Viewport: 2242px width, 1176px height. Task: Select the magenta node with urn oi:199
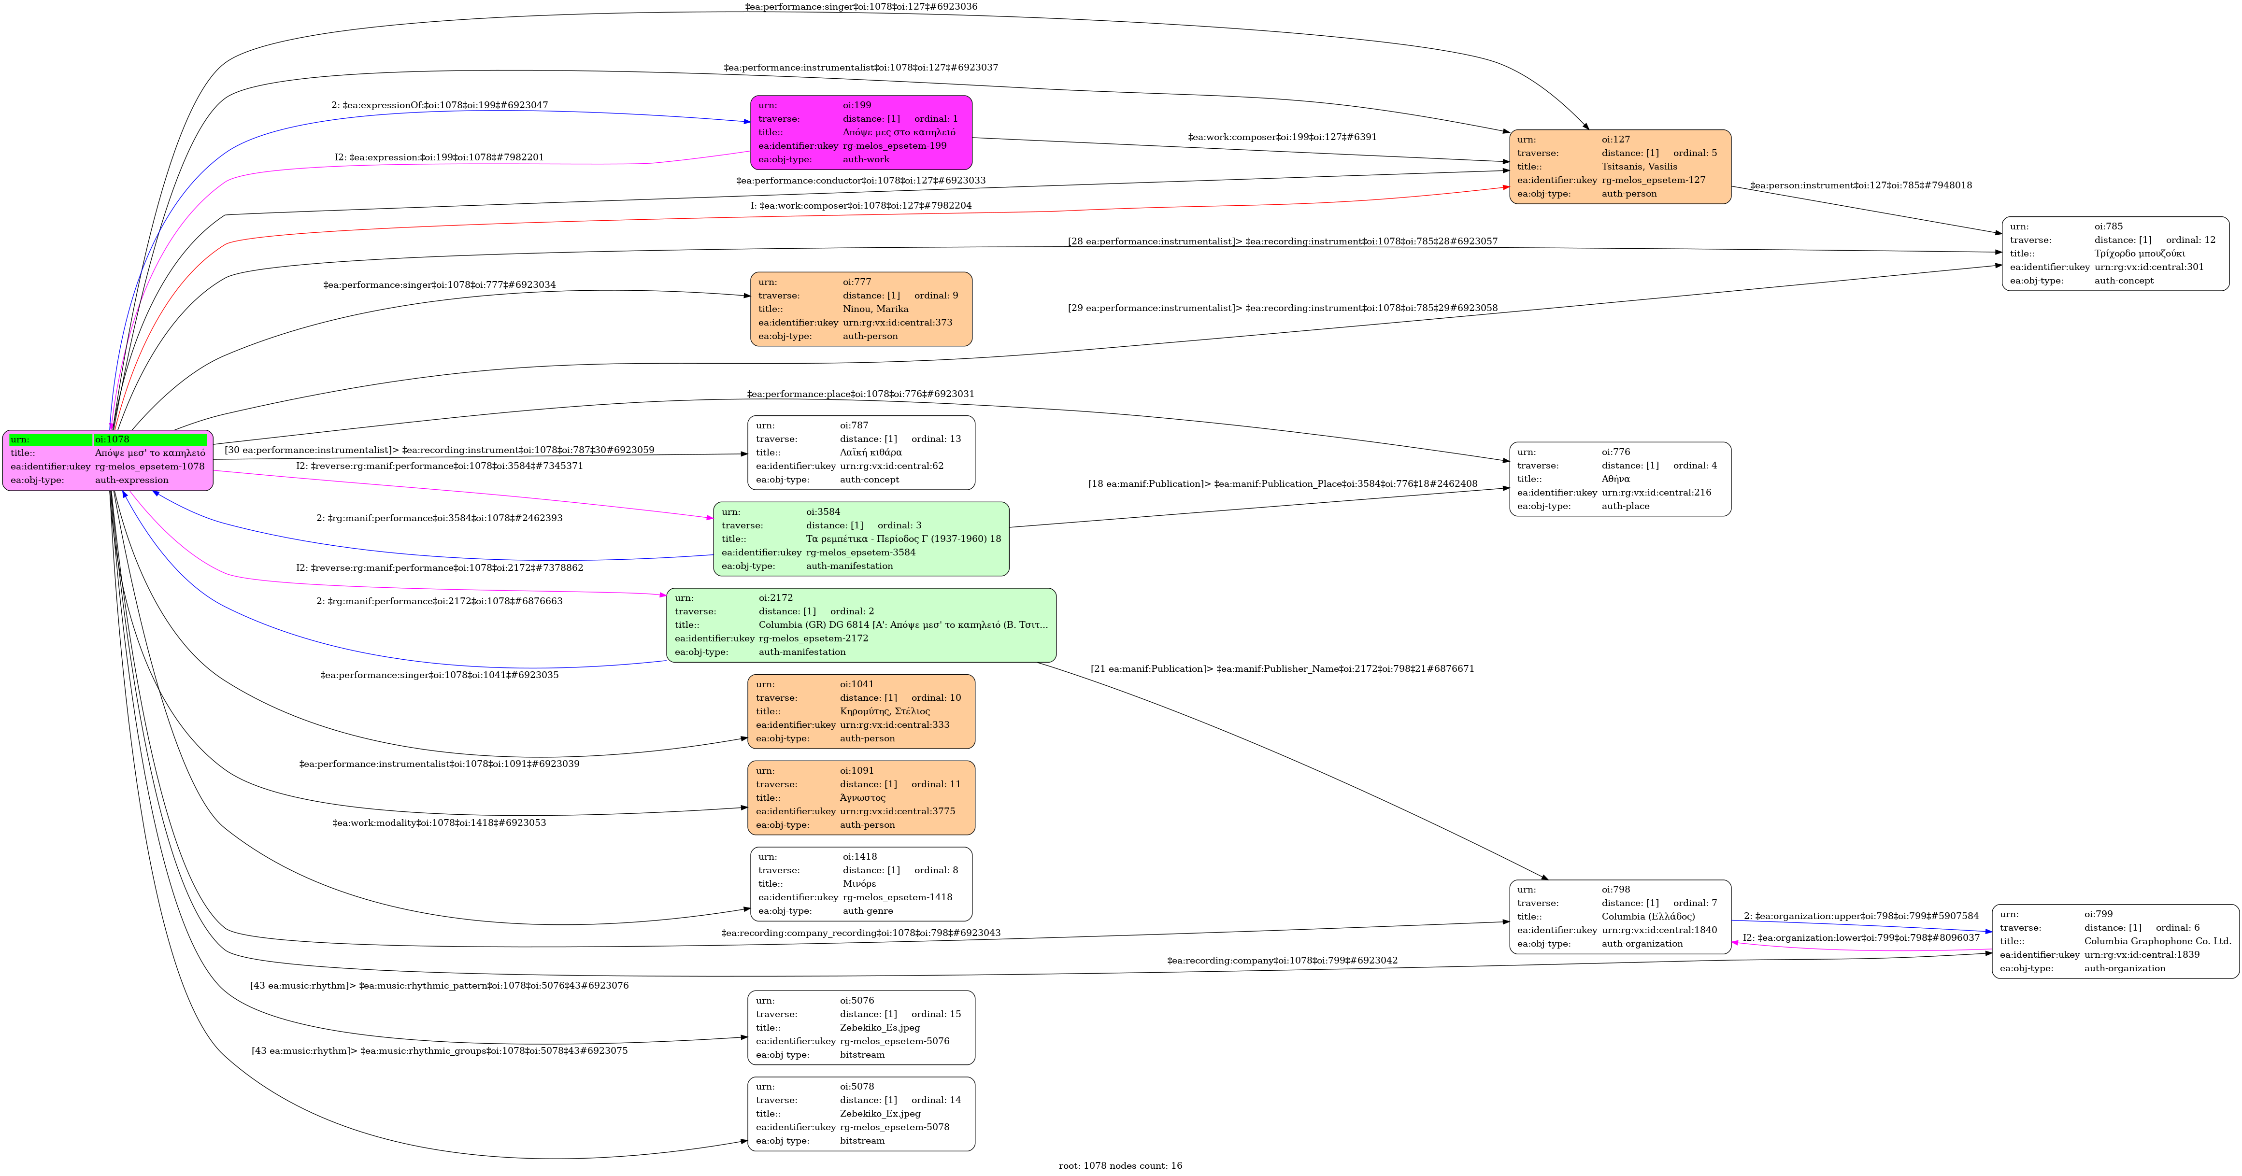pos(861,132)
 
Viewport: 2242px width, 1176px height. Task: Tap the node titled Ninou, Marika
pos(861,309)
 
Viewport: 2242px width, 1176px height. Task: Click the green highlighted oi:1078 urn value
pos(150,439)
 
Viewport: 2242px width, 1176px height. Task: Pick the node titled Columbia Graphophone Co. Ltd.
pos(2115,941)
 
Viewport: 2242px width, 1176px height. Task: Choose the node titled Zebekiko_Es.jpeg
pos(861,1027)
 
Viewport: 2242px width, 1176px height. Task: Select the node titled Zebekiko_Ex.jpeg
pos(861,1113)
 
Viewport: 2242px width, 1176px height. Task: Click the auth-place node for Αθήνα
pos(1620,479)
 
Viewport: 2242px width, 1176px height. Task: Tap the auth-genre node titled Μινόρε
pos(861,884)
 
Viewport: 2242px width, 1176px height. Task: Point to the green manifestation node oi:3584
pos(861,538)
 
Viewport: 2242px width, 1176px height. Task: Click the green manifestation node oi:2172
pos(861,624)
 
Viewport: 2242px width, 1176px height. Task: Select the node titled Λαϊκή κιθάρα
pos(861,453)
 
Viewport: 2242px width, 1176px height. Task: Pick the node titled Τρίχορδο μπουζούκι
pos(2115,253)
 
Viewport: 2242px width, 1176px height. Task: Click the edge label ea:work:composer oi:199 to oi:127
pos(1282,138)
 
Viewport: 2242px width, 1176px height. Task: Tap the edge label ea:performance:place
pos(861,394)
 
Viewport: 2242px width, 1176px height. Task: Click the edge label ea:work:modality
pos(440,823)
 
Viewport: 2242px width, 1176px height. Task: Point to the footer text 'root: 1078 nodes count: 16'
pos(1120,1165)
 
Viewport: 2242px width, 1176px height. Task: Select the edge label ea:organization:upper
pos(1861,916)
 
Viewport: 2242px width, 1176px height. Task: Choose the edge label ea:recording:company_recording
pos(861,934)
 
